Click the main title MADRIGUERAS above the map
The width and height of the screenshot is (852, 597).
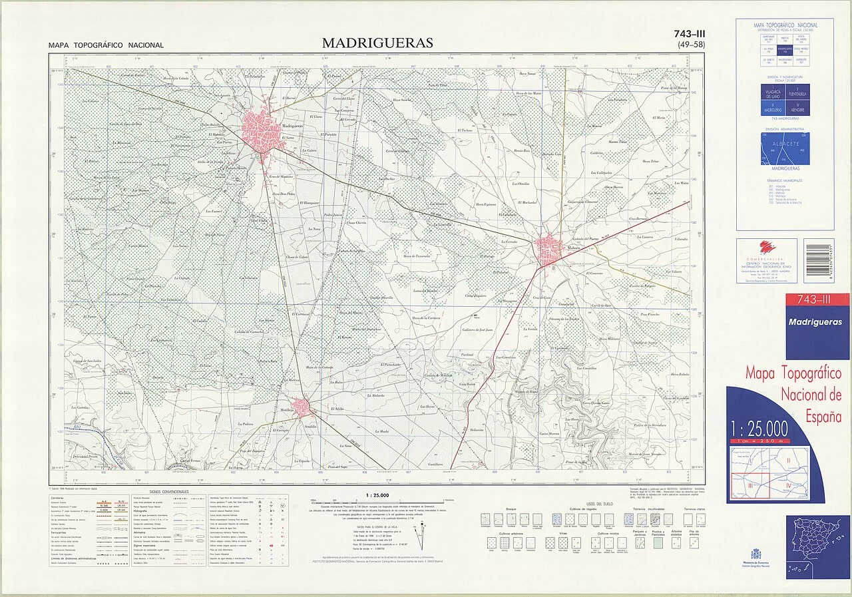tap(377, 43)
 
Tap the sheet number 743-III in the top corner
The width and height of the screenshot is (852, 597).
tap(690, 34)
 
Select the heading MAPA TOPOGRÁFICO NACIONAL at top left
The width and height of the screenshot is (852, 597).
tap(106, 45)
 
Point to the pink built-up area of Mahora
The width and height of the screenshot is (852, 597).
tap(550, 251)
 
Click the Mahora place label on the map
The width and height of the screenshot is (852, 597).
tap(573, 247)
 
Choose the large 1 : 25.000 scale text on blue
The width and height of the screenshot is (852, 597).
tap(759, 428)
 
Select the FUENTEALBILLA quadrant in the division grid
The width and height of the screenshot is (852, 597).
tap(797, 95)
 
